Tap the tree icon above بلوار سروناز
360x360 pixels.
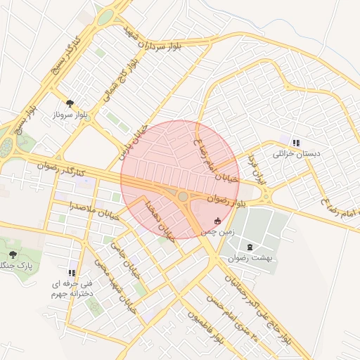[69, 103]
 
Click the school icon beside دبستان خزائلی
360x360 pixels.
[295, 142]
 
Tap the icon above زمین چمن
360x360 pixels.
[217, 221]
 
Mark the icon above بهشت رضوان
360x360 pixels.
[251, 246]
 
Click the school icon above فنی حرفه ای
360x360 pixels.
[71, 272]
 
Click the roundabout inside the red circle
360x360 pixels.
[183, 197]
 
